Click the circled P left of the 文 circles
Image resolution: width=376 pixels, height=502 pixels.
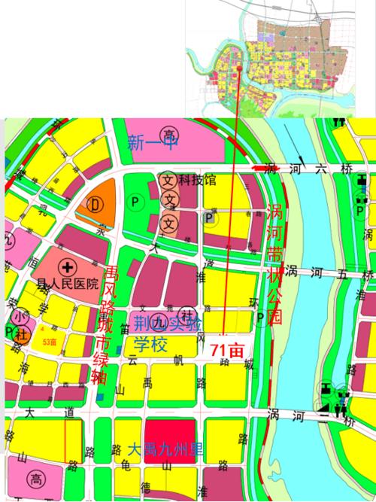(x=136, y=202)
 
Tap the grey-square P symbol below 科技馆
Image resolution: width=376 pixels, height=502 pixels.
(x=209, y=218)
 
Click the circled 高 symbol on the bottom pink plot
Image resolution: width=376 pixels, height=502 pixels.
(x=35, y=479)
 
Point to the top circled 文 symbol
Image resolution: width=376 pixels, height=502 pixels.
(x=169, y=181)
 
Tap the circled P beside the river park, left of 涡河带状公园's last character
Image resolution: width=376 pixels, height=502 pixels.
(x=260, y=317)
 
